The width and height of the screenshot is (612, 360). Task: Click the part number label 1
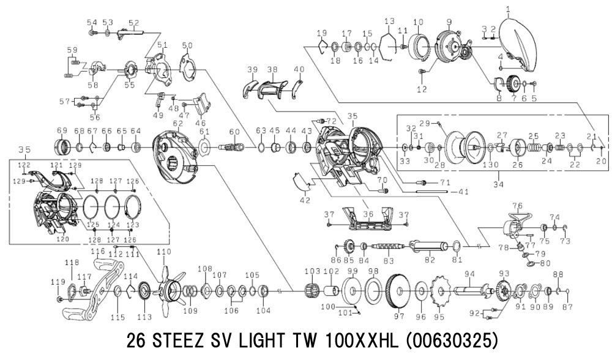508,8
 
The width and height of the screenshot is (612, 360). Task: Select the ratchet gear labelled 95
441,291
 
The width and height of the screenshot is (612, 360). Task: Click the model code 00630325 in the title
452,341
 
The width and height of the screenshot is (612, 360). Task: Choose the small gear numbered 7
513,83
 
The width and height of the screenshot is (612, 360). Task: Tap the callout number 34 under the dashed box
498,184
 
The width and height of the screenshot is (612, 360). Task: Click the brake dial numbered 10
420,48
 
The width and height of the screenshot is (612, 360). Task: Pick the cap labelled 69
62,147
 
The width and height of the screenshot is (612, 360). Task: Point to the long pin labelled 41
431,192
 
